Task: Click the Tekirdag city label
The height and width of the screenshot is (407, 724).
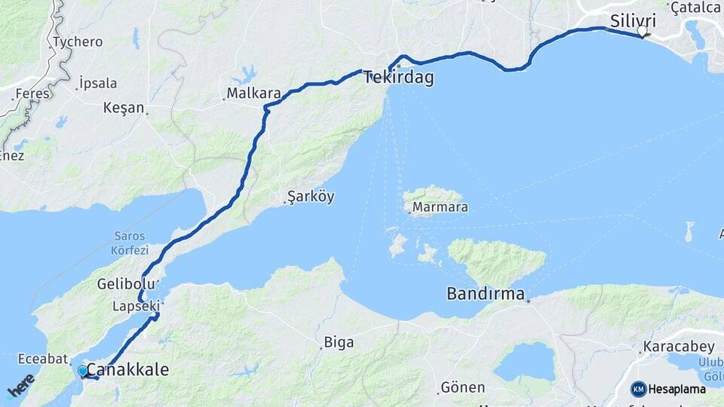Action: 398,78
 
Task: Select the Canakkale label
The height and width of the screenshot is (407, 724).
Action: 127,370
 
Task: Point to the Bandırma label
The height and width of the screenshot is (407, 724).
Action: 486,293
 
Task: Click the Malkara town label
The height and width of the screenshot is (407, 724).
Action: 255,94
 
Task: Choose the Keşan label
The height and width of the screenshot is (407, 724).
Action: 124,108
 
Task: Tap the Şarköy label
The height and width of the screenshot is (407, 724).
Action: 311,197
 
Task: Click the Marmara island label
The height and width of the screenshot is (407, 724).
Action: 438,207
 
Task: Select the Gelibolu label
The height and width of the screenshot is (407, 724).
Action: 126,284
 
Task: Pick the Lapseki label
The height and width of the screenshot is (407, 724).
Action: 136,306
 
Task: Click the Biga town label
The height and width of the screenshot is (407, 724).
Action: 339,343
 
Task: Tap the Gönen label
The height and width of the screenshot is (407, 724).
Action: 462,387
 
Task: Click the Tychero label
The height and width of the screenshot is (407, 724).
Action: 78,42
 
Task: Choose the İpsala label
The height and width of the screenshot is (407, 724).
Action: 98,83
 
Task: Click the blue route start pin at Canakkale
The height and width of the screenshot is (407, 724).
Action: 82,371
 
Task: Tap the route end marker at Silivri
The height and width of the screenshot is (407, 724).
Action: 642,32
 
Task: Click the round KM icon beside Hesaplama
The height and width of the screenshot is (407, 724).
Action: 639,389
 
